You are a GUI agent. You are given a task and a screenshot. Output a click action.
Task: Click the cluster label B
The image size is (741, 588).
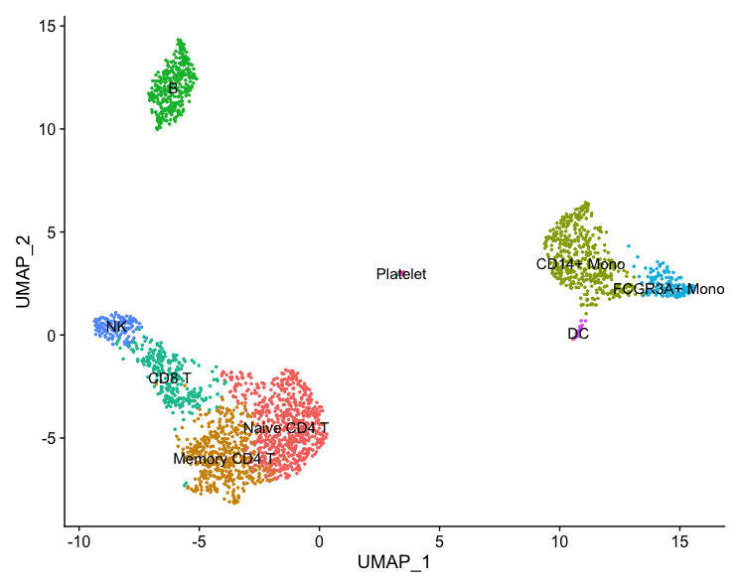tap(173, 89)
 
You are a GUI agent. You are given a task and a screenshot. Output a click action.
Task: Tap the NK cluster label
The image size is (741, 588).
tap(116, 327)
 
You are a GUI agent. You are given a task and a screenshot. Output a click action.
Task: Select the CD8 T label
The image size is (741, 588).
tap(170, 378)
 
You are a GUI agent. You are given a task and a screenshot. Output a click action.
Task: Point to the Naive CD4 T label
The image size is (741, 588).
tap(286, 428)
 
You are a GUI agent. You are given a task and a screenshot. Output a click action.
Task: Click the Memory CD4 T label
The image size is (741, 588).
tap(223, 460)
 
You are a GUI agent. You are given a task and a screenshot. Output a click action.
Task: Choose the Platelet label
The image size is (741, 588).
tap(401, 274)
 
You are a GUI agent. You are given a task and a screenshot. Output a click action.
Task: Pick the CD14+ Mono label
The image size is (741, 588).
tap(581, 265)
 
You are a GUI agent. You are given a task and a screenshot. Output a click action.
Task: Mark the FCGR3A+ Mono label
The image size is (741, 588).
tap(668, 290)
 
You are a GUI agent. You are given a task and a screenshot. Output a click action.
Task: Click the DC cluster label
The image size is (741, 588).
tap(578, 334)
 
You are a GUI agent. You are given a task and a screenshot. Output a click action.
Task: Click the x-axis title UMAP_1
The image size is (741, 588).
tap(393, 563)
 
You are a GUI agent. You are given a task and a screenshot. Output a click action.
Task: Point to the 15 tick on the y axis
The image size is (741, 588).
tap(47, 26)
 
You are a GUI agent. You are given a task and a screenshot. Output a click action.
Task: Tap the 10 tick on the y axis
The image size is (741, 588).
tap(47, 129)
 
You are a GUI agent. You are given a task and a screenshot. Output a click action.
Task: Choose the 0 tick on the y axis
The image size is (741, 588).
tap(51, 335)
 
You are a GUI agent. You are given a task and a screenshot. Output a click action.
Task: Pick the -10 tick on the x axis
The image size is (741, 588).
tap(78, 542)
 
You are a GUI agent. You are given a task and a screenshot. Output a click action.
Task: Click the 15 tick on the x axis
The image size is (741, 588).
tap(679, 542)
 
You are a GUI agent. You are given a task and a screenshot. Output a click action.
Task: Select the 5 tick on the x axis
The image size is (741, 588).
tap(439, 542)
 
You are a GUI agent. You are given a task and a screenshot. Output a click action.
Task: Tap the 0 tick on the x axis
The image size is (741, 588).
tap(319, 542)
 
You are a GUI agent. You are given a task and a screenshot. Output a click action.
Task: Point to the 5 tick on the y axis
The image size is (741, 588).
tap(51, 232)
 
